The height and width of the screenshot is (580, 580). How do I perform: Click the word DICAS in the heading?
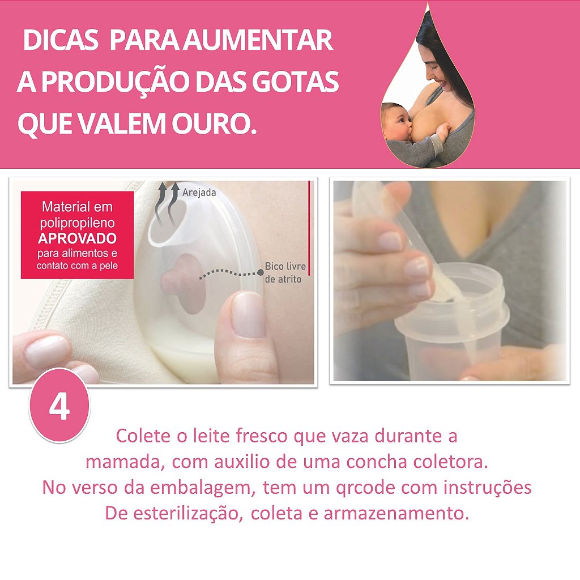tap(60, 40)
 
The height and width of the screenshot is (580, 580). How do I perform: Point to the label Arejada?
tap(199, 193)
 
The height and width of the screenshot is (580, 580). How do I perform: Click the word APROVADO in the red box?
tap(77, 238)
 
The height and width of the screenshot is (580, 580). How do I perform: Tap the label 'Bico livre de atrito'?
tap(285, 272)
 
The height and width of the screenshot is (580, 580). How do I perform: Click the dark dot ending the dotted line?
tap(261, 272)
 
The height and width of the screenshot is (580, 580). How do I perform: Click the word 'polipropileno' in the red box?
tap(77, 223)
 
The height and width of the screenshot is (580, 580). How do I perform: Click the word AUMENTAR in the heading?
tap(258, 40)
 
